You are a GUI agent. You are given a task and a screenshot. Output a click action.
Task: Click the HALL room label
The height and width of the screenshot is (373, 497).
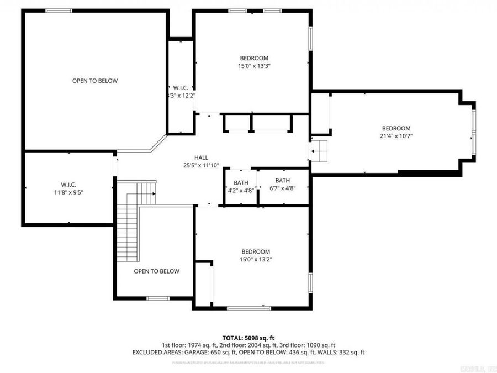(x=201, y=157)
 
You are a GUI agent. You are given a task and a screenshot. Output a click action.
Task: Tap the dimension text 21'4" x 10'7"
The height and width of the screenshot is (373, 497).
(x=396, y=136)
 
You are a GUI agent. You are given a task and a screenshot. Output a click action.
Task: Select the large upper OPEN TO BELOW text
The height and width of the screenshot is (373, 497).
(x=95, y=81)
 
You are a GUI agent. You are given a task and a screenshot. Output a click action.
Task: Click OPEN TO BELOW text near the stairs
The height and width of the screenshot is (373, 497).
(x=157, y=271)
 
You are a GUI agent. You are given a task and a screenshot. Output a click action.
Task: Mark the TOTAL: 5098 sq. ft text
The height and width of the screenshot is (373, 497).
(x=248, y=338)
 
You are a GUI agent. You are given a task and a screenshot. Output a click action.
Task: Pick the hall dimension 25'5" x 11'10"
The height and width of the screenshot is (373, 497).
(x=201, y=165)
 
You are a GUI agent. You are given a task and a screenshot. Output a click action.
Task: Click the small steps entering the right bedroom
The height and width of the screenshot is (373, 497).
(x=319, y=150)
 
